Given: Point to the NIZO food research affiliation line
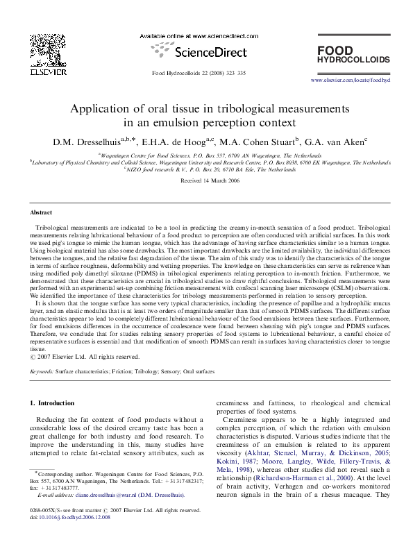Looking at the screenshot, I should pyautogui.click(x=206, y=169).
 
